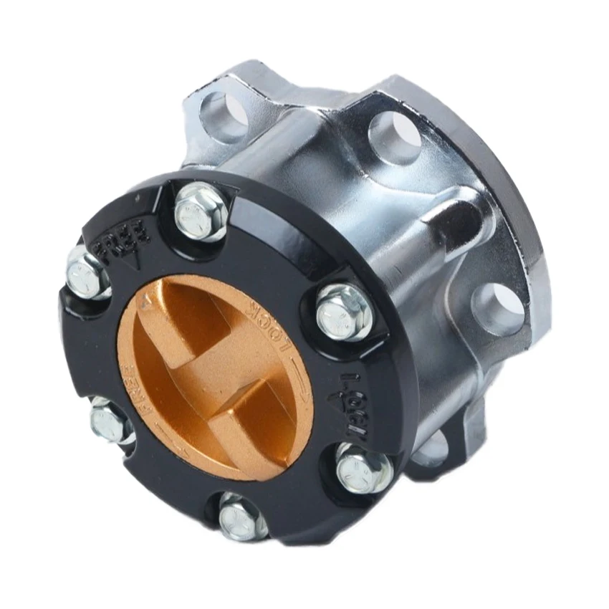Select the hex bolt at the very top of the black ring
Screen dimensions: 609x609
202,211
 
